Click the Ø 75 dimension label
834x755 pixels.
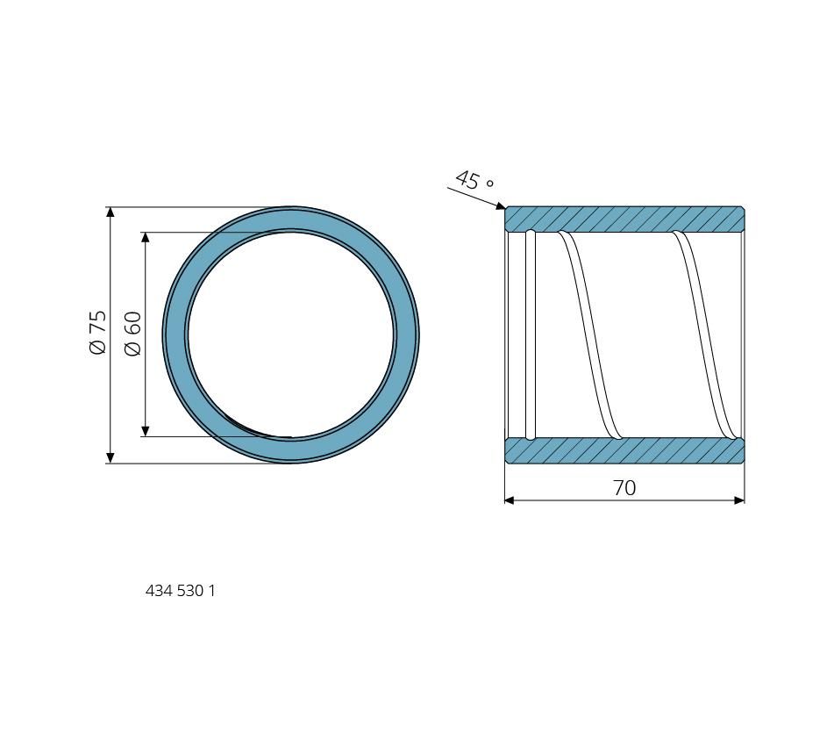click(98, 332)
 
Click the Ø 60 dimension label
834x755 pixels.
click(132, 334)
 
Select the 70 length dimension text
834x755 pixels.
click(624, 488)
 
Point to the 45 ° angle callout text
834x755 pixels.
click(474, 181)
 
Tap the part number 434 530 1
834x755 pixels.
click(181, 591)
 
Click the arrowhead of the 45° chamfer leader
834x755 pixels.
click(501, 206)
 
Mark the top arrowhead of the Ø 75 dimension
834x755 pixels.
click(110, 212)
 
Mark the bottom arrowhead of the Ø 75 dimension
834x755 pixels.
click(110, 458)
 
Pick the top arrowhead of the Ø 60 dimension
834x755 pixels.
click(146, 237)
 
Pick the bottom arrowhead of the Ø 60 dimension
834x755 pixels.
click(146, 431)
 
